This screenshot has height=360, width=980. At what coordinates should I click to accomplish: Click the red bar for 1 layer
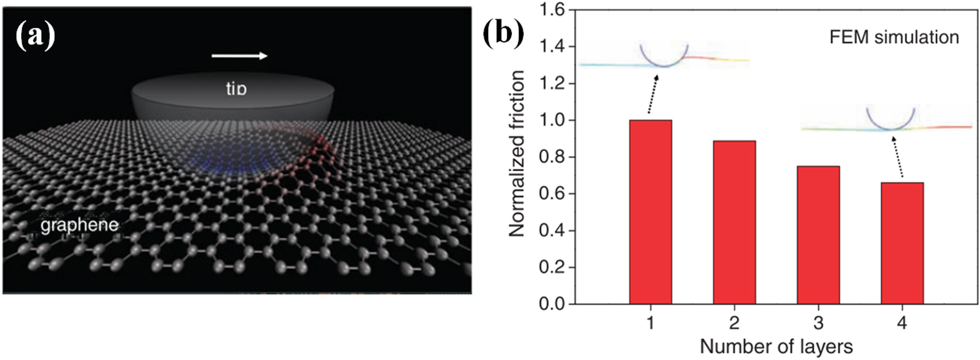pos(650,212)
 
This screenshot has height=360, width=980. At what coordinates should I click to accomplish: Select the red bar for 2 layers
pos(735,223)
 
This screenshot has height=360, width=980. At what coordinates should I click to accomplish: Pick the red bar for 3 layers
pos(818,235)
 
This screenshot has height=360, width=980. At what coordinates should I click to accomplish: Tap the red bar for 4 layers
pos(902,243)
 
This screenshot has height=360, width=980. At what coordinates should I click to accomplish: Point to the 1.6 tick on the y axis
pos(552,10)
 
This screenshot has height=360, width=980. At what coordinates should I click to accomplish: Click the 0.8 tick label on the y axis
pos(552,157)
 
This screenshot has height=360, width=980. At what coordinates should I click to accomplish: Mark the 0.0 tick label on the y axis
pos(552,304)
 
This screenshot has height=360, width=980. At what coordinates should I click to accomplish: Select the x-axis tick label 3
pos(818,323)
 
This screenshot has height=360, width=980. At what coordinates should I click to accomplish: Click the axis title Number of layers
pos(776,346)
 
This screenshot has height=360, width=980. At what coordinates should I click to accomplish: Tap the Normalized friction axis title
pos(517,153)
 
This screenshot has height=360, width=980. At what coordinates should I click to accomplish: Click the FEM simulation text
pos(894,37)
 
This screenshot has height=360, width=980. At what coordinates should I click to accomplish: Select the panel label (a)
pos(35,35)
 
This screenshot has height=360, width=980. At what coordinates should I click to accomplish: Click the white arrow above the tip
pos(240,56)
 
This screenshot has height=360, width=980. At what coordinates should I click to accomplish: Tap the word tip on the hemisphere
pos(236,89)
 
